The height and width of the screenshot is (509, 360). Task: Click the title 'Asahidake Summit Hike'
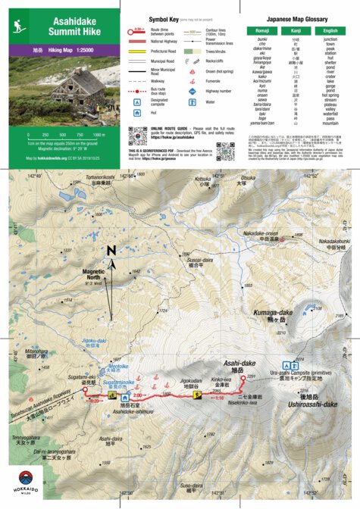tap(74, 28)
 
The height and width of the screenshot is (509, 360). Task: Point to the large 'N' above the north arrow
tap(111, 251)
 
